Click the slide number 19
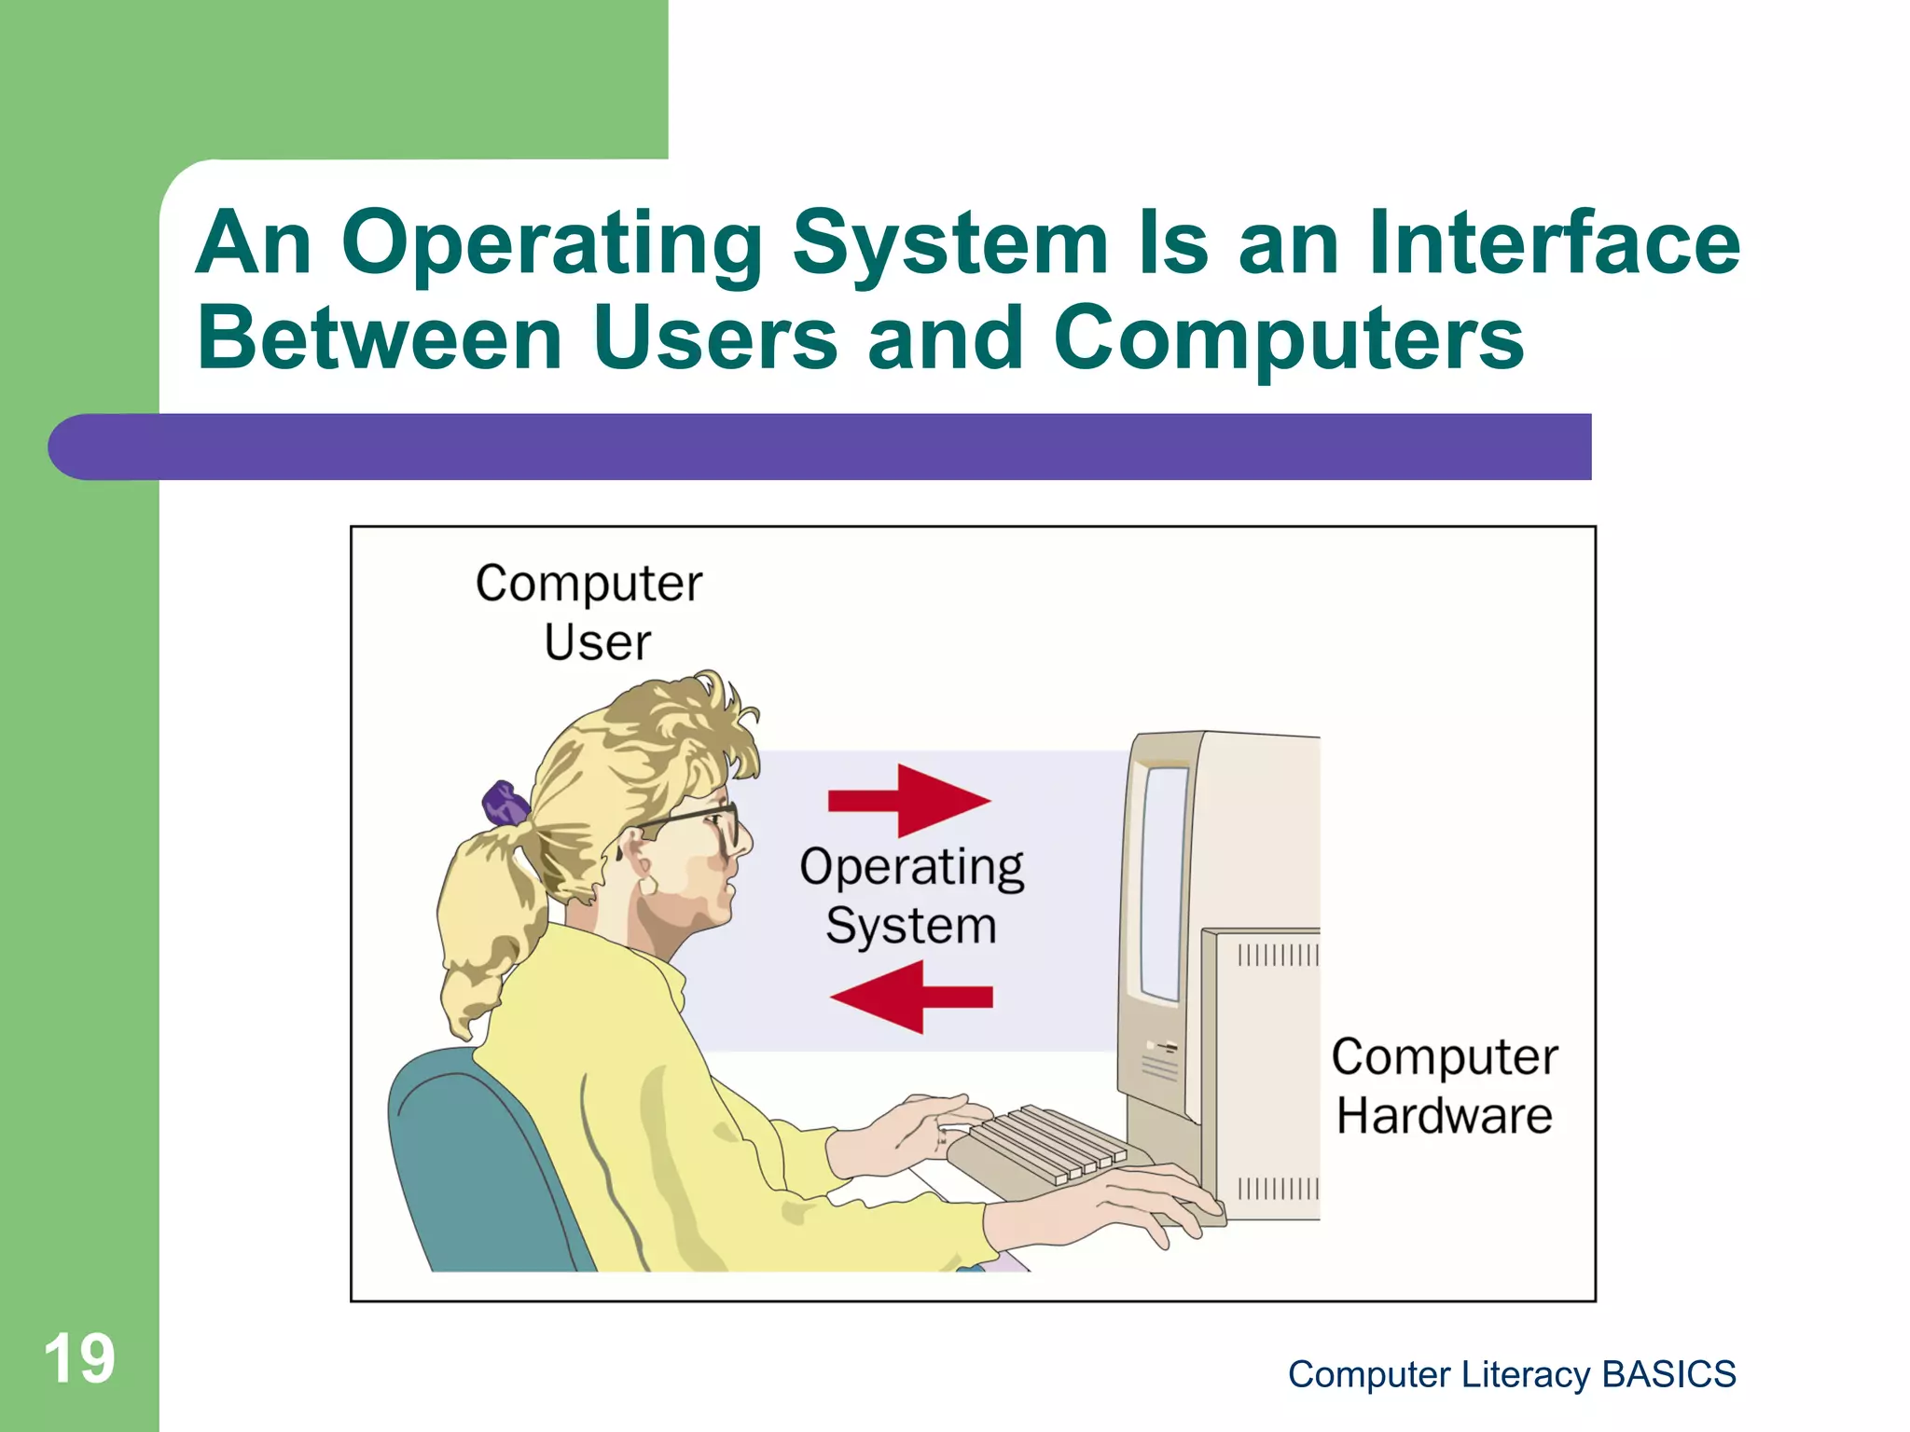tap(79, 1358)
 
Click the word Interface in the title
tap(1553, 242)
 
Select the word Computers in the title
tap(1288, 337)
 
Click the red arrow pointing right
tap(909, 800)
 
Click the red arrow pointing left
tap(911, 997)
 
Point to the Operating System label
tap(911, 896)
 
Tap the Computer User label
tap(589, 613)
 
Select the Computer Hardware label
tap(1444, 1086)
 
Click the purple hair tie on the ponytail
tap(504, 803)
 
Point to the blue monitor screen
tap(1163, 881)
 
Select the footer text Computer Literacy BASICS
tap(1511, 1374)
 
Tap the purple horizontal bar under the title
tap(821, 447)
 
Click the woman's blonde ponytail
tap(485, 923)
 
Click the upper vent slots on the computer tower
tap(1277, 955)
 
